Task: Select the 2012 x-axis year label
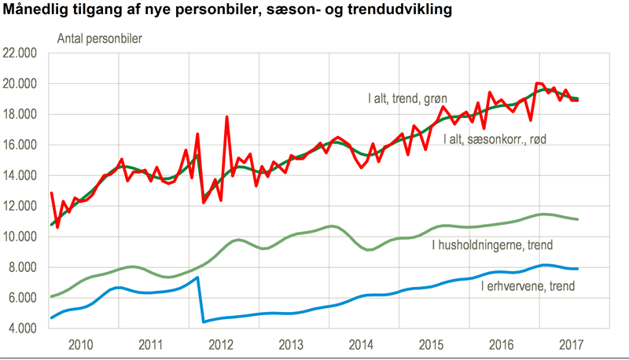click(221, 344)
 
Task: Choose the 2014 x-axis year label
click(362, 344)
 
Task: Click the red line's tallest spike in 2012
click(226, 117)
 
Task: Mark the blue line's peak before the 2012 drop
click(197, 277)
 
